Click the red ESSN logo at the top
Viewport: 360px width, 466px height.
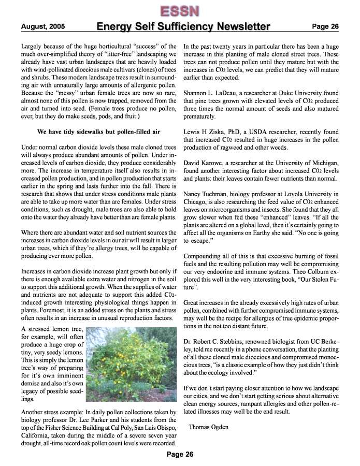point(180,10)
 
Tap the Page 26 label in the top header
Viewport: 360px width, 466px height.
point(325,26)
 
